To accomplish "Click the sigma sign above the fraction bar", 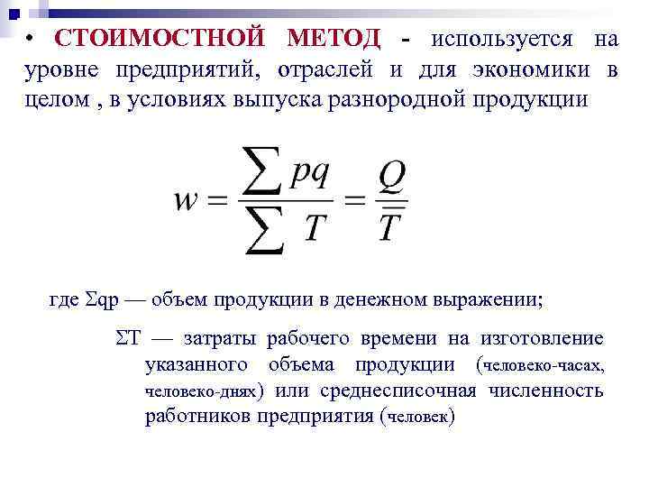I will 262,170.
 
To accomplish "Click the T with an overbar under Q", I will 388,227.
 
